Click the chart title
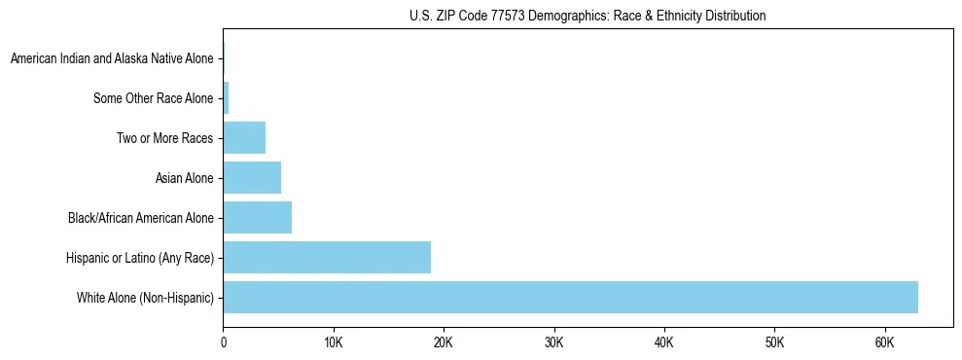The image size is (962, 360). (x=587, y=16)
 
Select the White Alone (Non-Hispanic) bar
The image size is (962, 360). (x=570, y=297)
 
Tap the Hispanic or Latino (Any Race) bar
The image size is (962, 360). (x=327, y=257)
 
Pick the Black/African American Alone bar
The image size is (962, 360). (x=257, y=217)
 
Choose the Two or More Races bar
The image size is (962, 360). (x=244, y=137)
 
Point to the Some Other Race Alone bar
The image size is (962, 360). (x=226, y=97)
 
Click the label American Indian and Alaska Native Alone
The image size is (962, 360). (x=112, y=58)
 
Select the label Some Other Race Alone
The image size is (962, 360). (x=153, y=98)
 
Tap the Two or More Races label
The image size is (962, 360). (x=164, y=138)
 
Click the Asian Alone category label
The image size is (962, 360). (x=184, y=178)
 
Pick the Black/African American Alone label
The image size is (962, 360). (x=140, y=218)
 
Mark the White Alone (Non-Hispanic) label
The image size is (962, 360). (x=145, y=298)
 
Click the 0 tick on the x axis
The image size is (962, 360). (x=224, y=342)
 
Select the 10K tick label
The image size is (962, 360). (x=334, y=342)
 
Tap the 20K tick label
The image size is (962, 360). (x=444, y=342)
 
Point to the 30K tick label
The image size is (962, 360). (x=554, y=342)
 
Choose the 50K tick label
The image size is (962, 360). (x=774, y=342)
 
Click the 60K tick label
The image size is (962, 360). (x=884, y=342)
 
